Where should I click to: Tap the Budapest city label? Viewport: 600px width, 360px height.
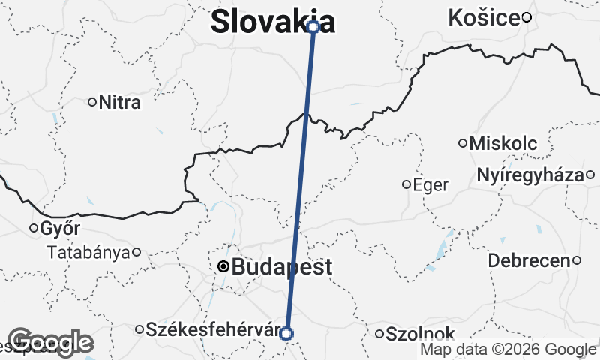[282, 267]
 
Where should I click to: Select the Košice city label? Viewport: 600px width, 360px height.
[484, 18]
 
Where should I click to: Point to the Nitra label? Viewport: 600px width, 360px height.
[119, 102]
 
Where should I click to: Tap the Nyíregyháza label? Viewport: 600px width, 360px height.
[529, 175]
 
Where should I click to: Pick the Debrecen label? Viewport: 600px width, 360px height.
[528, 261]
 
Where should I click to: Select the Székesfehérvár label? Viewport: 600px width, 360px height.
[212, 329]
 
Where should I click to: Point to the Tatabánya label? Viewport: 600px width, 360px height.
[88, 252]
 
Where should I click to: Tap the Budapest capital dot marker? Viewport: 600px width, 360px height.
[223, 266]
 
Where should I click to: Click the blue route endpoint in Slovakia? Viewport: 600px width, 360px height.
[313, 27]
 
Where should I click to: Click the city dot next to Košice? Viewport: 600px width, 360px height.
[527, 17]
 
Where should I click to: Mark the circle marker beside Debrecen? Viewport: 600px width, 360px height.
[577, 260]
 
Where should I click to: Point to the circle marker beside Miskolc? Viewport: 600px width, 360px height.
[463, 143]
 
